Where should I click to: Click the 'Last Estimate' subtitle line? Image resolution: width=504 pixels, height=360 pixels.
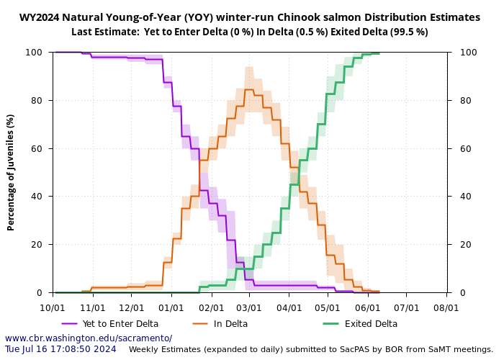tap(249, 32)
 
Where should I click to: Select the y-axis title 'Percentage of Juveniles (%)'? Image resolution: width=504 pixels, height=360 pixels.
tap(11, 172)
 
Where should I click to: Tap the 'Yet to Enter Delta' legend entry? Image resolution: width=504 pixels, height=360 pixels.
tap(120, 324)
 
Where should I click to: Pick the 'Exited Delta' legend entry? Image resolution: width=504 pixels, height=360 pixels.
tap(371, 324)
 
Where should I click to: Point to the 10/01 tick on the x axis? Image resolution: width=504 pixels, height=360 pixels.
tap(53, 307)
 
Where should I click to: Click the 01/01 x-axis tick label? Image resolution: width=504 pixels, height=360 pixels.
tap(171, 307)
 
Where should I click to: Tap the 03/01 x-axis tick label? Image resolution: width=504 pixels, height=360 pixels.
tap(249, 307)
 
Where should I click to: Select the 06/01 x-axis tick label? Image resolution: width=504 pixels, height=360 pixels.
tap(368, 307)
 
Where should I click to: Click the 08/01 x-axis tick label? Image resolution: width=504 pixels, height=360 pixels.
tap(446, 307)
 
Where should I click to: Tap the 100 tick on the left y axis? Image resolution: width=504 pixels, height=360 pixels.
tap(37, 52)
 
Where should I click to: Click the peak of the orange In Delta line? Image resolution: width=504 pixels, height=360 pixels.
tap(248, 90)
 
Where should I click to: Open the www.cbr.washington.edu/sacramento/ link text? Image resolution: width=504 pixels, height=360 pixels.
tap(89, 338)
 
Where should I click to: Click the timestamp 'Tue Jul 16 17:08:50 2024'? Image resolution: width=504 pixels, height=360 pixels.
tap(60, 349)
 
